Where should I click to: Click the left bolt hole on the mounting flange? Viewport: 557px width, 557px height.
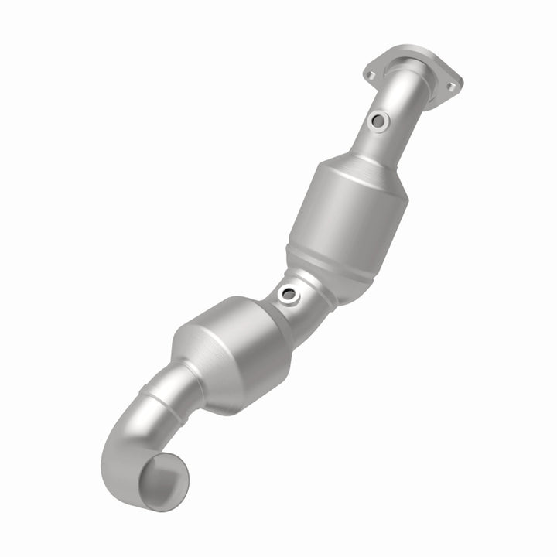(x=370, y=74)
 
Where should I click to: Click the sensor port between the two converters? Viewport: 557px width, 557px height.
(x=289, y=294)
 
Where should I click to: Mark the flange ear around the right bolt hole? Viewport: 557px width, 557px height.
(x=453, y=84)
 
